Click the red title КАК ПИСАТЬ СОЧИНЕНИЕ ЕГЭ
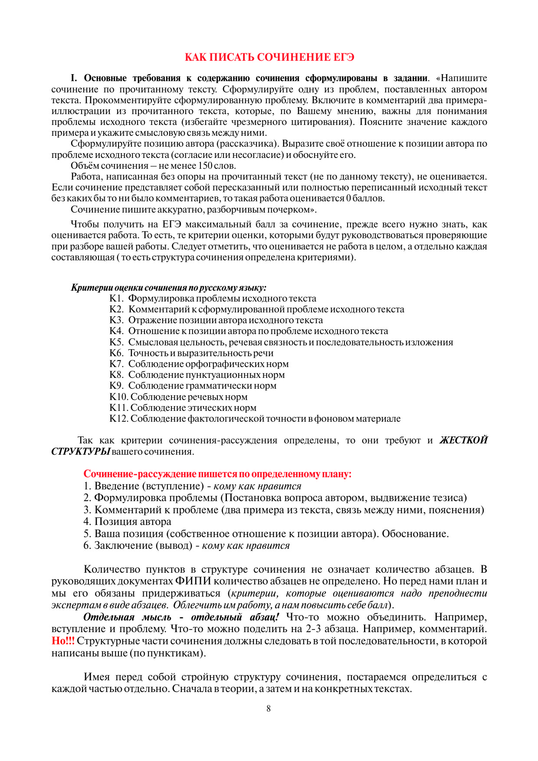269,57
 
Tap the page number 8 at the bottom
269,709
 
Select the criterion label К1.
116,298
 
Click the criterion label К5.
116,342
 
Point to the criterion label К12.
118,419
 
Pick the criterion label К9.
116,386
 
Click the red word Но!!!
63,641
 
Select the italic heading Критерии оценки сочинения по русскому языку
168,288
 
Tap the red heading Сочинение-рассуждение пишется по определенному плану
217,474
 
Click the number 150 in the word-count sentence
205,166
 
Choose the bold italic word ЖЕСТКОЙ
463,440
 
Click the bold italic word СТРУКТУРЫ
81,452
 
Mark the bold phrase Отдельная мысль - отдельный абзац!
181,617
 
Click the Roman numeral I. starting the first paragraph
74,79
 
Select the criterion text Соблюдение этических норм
193,408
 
